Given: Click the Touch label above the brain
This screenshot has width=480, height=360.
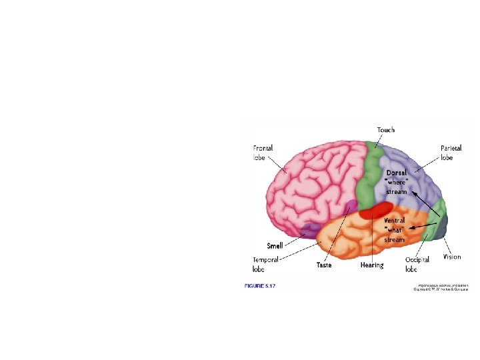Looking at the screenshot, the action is coord(385,130).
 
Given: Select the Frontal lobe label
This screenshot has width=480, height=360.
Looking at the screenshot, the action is coord(263,152).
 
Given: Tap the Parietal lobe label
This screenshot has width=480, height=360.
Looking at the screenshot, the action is coord(450,152).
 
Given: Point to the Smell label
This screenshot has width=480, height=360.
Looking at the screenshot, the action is coord(275,245).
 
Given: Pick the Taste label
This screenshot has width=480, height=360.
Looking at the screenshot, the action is coord(324,265).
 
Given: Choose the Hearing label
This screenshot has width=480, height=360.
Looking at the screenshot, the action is coord(372,265).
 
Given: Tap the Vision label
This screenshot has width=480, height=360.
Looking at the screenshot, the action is coord(452,257).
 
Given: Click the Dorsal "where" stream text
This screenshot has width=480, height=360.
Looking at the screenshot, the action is coord(396,182).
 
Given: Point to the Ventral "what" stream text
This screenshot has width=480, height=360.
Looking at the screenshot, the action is coord(395,229).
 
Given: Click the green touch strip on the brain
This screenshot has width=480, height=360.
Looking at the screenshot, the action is coord(371,173).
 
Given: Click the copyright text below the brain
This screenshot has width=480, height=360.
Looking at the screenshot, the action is coord(441,287).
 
